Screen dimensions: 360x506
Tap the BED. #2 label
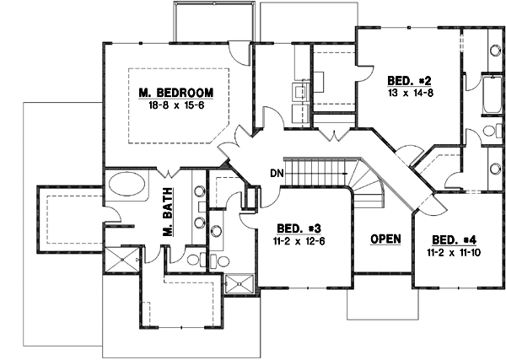406,81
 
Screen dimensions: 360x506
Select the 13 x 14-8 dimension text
406,94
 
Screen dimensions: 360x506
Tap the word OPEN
384,239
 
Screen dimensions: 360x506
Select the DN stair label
276,173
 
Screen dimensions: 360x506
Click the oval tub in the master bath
127,185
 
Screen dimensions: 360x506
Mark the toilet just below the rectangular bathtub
488,132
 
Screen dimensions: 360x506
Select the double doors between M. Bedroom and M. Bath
170,165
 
